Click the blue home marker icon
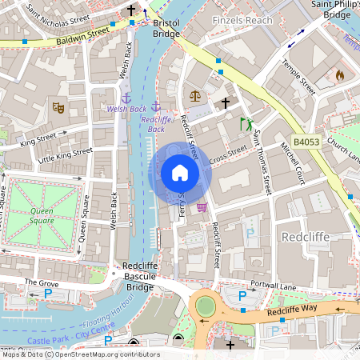coord(179,173)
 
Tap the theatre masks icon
coord(58,106)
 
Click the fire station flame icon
coord(339,75)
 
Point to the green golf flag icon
coord(246,124)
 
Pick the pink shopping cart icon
coord(202,206)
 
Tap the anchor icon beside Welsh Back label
coord(125,98)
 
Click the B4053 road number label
coord(307,142)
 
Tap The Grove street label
coord(42,282)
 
